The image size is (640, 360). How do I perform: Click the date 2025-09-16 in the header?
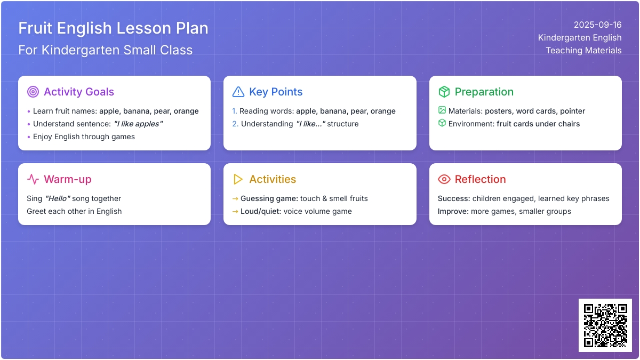click(597, 25)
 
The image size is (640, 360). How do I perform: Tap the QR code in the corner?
click(605, 325)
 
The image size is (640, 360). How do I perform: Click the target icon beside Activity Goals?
click(33, 92)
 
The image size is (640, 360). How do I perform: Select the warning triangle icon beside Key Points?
click(238, 92)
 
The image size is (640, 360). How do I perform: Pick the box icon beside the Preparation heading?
click(444, 92)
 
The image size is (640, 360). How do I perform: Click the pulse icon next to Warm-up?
click(33, 179)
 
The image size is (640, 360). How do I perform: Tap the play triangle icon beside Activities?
click(238, 179)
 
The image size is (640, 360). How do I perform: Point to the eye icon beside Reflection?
click(444, 179)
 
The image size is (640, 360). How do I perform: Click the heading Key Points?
click(276, 92)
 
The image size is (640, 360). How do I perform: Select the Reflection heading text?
click(480, 179)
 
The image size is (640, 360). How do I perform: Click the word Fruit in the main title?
click(35, 28)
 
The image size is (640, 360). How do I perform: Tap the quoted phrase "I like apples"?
click(138, 124)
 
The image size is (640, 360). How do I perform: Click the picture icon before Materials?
click(442, 110)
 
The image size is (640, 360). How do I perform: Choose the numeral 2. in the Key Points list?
click(235, 124)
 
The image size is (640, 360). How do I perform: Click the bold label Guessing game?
click(269, 198)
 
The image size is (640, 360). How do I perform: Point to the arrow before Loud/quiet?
click(235, 211)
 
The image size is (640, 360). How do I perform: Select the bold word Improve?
click(453, 211)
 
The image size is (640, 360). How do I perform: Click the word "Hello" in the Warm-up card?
click(58, 198)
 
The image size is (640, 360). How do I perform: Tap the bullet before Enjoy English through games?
click(29, 137)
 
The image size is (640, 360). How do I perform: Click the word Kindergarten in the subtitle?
click(81, 50)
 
